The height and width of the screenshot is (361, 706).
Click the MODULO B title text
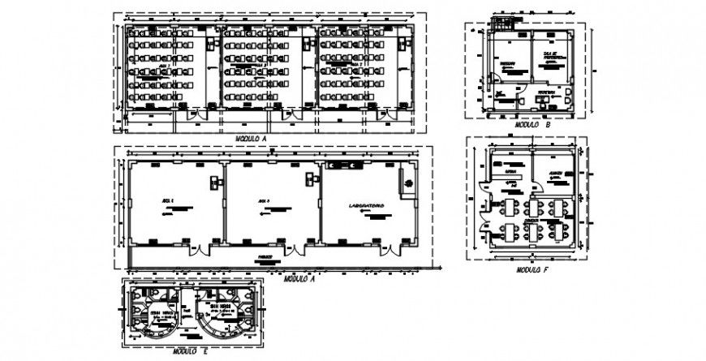pyautogui.click(x=533, y=127)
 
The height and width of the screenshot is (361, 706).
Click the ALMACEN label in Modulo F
pyautogui.click(x=556, y=174)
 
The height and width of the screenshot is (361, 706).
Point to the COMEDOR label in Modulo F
pyautogui.click(x=532, y=219)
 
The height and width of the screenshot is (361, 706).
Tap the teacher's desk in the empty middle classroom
pyautogui.click(x=311, y=180)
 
